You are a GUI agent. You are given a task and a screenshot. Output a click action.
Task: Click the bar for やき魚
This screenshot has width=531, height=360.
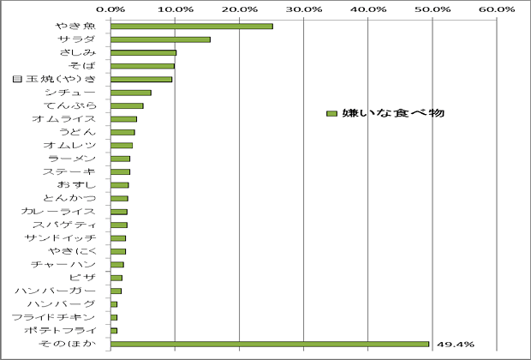[192, 26]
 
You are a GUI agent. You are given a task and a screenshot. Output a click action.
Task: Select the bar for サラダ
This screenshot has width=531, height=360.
[160, 39]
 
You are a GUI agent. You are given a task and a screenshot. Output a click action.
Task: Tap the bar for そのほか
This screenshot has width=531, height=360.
[270, 344]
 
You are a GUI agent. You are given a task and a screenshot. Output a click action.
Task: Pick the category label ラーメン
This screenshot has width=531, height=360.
[81, 159]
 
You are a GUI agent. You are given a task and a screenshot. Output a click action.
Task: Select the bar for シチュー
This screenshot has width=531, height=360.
[131, 93]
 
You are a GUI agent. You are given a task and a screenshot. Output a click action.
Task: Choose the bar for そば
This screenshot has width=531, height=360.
[142, 66]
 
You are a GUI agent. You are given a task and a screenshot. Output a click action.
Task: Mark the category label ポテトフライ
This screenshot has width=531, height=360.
[71, 330]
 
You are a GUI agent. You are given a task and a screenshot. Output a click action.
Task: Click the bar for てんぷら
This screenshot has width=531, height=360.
[127, 105]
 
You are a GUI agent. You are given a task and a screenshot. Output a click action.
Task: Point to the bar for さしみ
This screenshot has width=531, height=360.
[143, 52]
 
